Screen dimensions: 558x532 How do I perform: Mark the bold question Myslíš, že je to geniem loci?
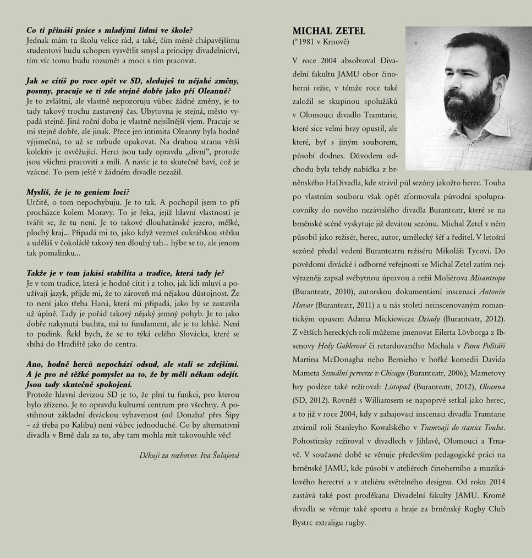tap(78, 192)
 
